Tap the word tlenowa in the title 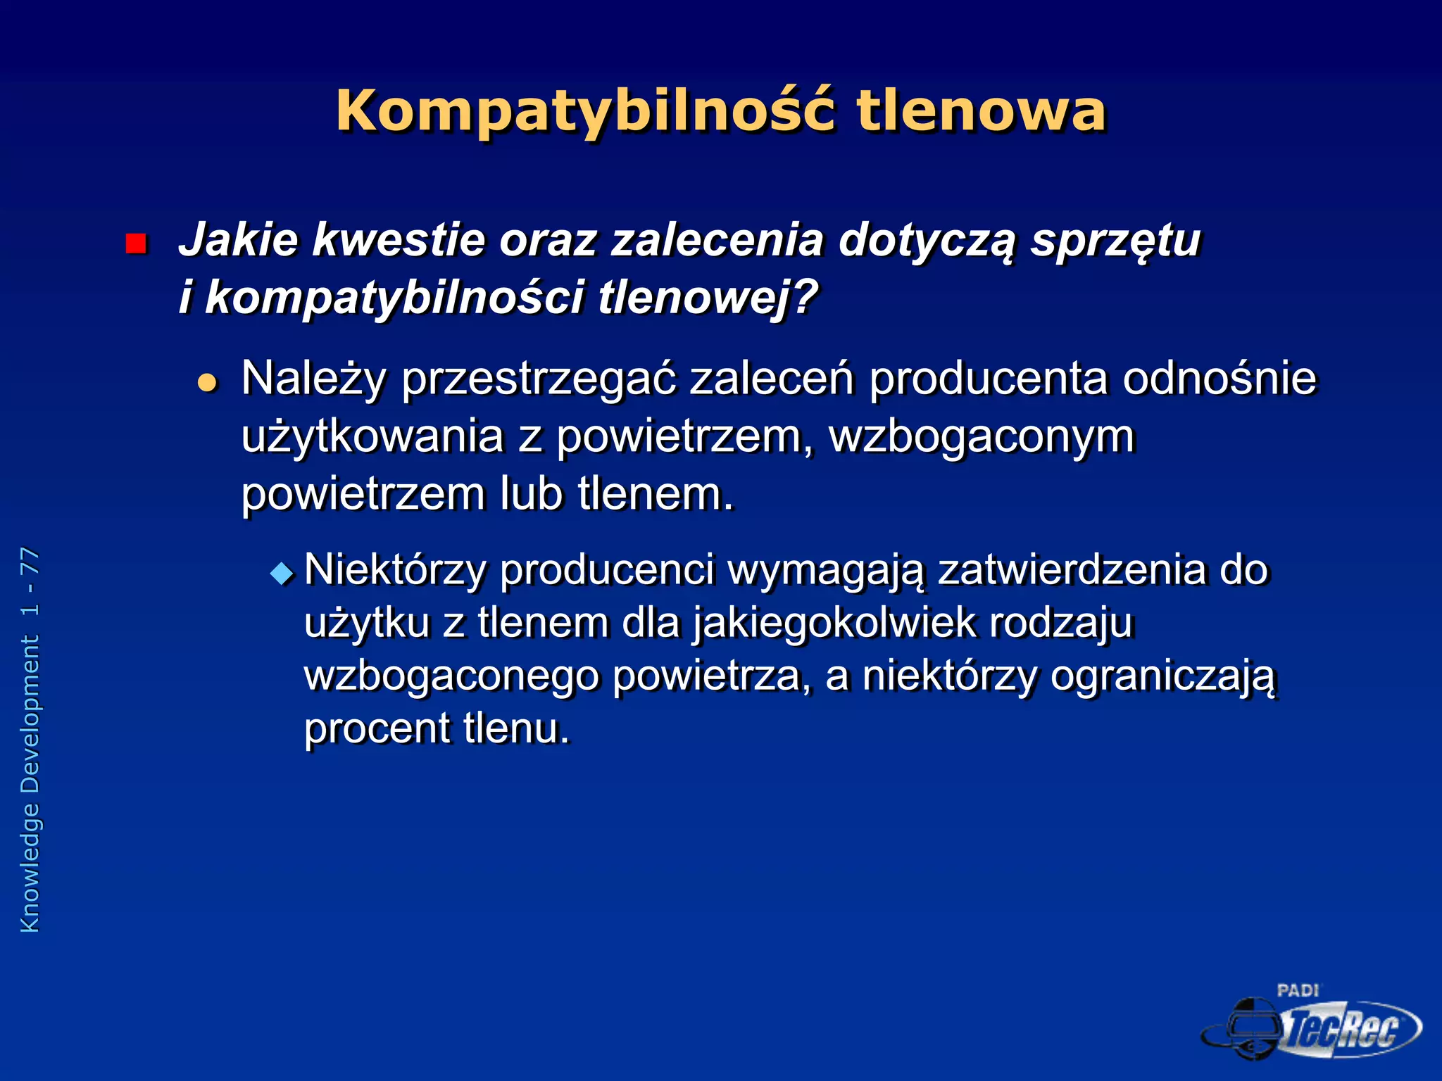pyautogui.click(x=981, y=111)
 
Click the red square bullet pyautogui.click(x=135, y=244)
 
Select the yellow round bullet pyautogui.click(x=207, y=382)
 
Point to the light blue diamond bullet pyautogui.click(x=282, y=574)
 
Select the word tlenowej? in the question pyautogui.click(x=708, y=298)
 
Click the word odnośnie pyautogui.click(x=1219, y=379)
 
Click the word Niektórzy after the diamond pyautogui.click(x=395, y=570)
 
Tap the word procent pyautogui.click(x=377, y=729)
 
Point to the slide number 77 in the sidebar pyautogui.click(x=30, y=560)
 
